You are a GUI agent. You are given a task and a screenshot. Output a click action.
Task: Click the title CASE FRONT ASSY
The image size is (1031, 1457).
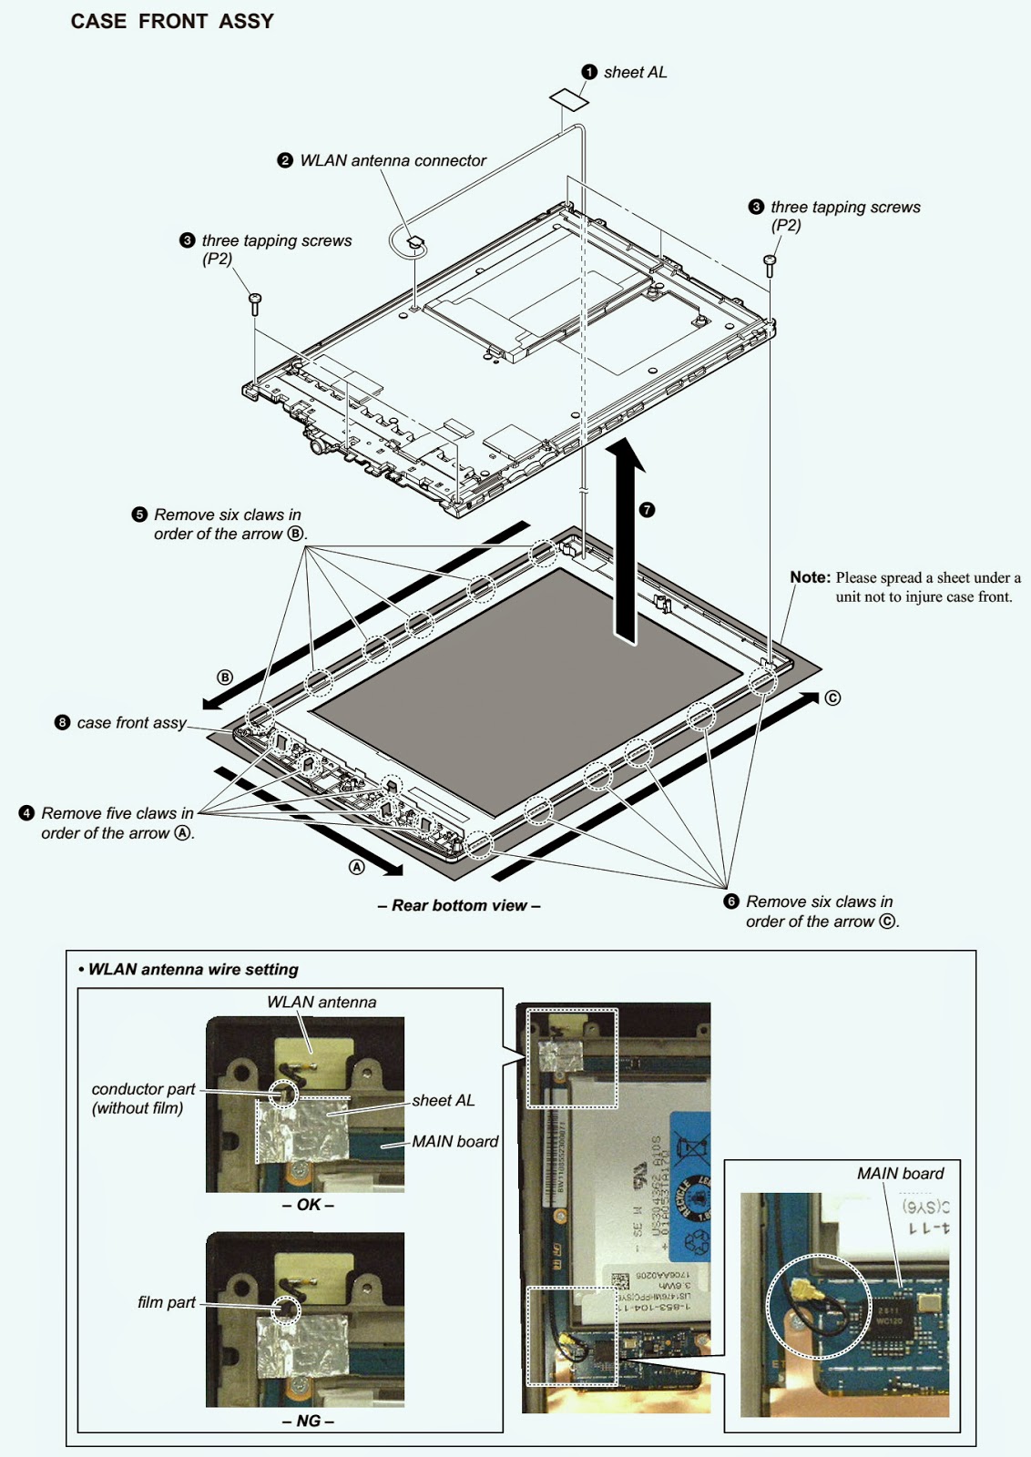(x=172, y=22)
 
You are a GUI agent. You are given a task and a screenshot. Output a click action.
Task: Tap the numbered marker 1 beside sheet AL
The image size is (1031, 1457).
(x=589, y=72)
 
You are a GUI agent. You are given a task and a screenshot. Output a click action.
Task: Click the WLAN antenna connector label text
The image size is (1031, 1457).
(x=393, y=161)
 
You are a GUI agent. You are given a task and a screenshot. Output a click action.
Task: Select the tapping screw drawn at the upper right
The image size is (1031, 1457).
(x=770, y=265)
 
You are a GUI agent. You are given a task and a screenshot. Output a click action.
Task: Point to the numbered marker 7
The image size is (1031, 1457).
(x=648, y=510)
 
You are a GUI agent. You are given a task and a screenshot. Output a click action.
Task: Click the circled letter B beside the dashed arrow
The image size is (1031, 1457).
(x=225, y=678)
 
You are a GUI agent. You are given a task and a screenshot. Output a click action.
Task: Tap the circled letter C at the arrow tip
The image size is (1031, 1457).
(x=832, y=698)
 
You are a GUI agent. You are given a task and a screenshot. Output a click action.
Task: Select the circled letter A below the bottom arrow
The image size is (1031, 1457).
(x=357, y=868)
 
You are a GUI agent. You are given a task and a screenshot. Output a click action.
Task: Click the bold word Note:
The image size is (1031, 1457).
(x=810, y=577)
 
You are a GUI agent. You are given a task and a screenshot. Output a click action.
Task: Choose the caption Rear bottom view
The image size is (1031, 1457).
(x=459, y=906)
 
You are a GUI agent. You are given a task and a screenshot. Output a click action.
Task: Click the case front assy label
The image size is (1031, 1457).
(x=131, y=723)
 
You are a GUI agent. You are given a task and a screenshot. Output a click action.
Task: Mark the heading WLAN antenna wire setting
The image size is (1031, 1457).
(x=193, y=970)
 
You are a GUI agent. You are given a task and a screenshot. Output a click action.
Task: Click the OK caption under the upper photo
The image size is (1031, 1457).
(x=308, y=1205)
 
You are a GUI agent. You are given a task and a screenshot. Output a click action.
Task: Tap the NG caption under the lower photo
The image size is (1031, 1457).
(x=308, y=1421)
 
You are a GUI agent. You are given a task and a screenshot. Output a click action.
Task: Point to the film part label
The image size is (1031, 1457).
(x=167, y=1303)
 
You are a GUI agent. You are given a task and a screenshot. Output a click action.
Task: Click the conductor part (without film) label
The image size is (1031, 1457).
(x=143, y=1098)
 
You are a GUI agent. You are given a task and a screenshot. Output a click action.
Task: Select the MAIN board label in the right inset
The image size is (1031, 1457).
(x=900, y=1174)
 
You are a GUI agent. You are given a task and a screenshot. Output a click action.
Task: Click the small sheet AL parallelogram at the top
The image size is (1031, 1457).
(x=568, y=98)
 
